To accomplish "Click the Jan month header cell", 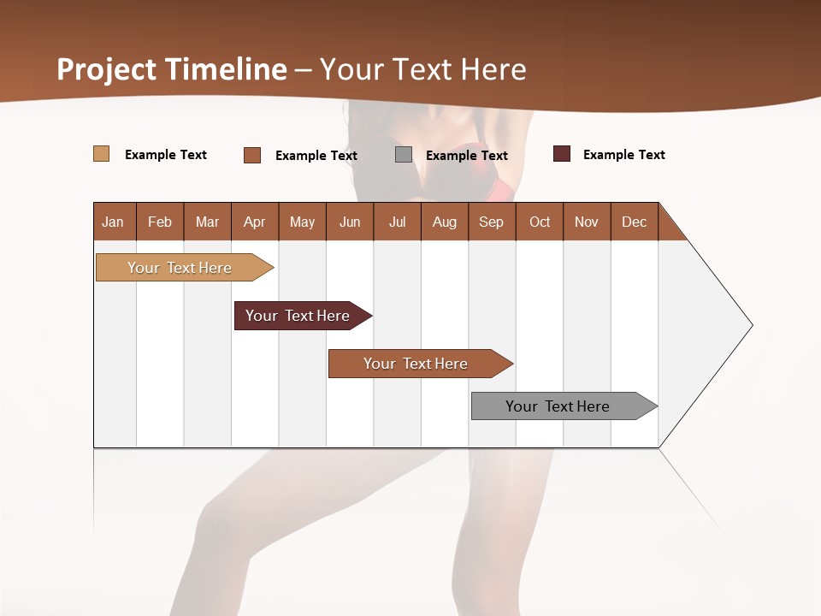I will point(114,222).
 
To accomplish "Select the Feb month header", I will point(160,222).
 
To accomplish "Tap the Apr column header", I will point(255,222).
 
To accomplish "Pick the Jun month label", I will point(350,222).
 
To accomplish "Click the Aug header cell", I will point(445,222).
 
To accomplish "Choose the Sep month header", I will point(492,222).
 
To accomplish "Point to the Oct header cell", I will point(540,222).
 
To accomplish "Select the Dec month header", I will point(635,222).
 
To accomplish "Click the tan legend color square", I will point(102,154).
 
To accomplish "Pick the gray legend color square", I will point(404,155).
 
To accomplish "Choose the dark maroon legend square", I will point(562,154).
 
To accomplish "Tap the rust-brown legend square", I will point(252,155).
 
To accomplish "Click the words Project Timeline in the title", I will point(171,69).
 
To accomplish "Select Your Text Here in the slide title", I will point(423,69).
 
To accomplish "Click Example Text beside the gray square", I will point(467,156).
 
